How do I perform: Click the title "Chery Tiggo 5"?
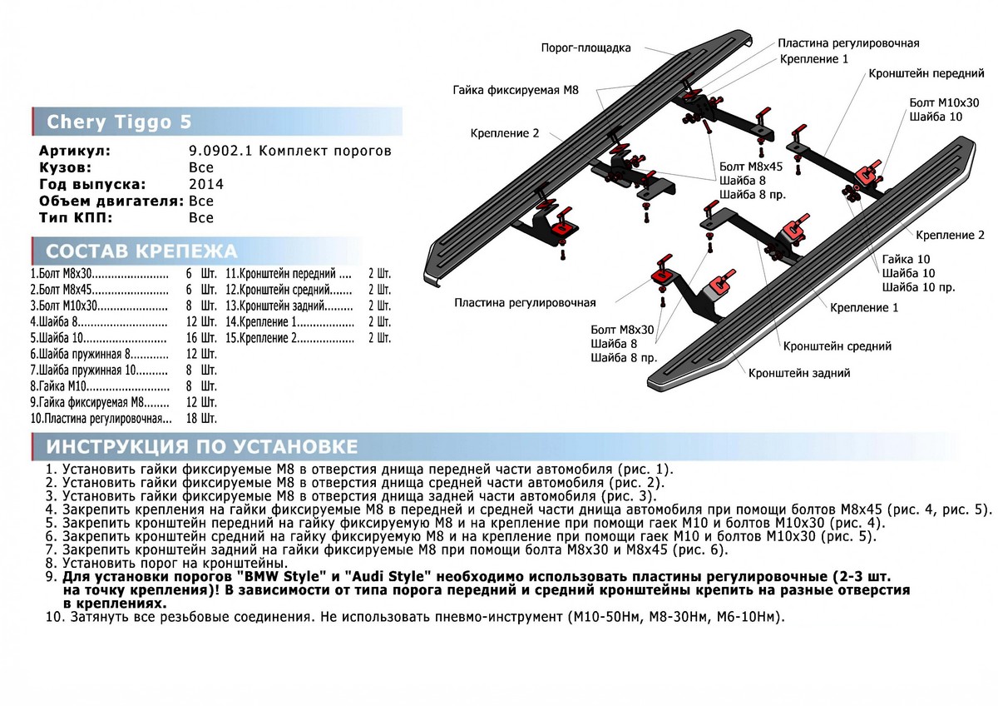pyautogui.click(x=118, y=122)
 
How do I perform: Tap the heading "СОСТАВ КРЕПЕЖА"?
pyautogui.click(x=141, y=251)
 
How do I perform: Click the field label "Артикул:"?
pyautogui.click(x=74, y=151)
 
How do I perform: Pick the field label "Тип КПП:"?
pyautogui.click(x=76, y=218)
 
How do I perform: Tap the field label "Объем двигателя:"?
pyautogui.click(x=111, y=201)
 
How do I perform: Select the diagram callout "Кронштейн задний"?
pyautogui.click(x=799, y=374)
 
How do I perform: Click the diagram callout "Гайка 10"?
pyautogui.click(x=906, y=259)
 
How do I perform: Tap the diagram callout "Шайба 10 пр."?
pyautogui.click(x=919, y=287)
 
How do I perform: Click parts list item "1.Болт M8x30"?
pyautogui.click(x=62, y=273)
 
